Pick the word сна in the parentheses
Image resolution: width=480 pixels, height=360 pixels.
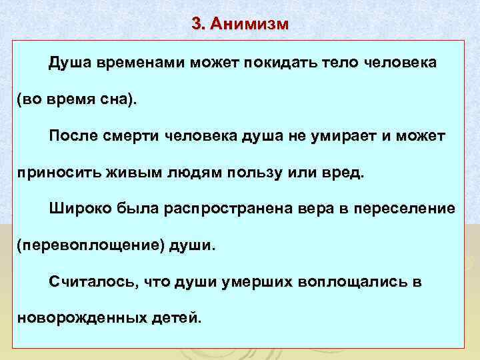(113, 99)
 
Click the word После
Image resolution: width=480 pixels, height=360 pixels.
(73, 136)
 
